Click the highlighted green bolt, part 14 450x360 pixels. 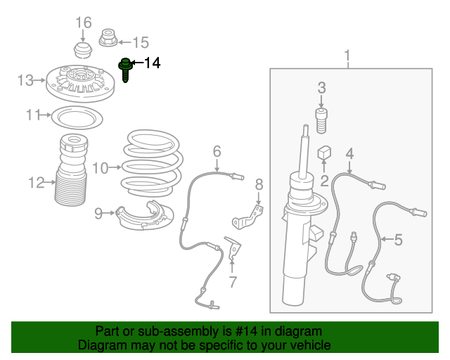coord(126,70)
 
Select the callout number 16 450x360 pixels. coord(84,22)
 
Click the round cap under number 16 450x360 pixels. coord(84,51)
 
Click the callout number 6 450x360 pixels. coord(217,150)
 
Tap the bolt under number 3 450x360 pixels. coord(322,121)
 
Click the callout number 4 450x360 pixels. coord(349,154)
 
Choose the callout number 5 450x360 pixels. coord(398,240)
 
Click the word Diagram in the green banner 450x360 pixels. coord(103,345)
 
